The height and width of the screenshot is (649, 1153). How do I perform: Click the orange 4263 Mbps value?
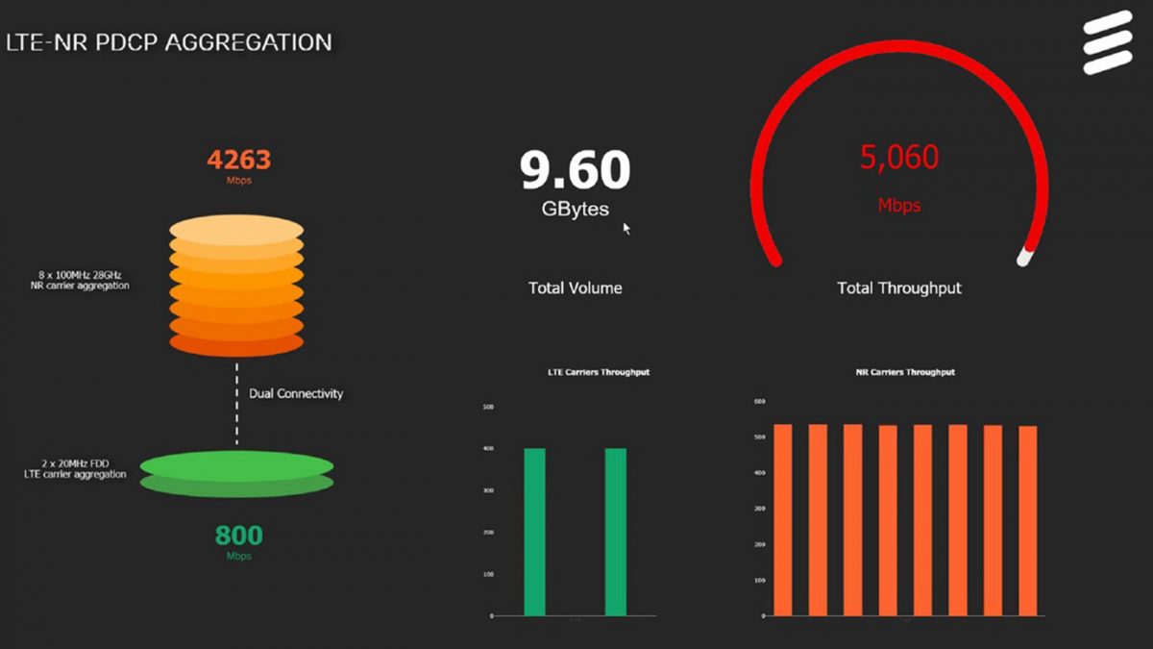point(239,160)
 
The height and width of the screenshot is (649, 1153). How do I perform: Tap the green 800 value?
point(239,535)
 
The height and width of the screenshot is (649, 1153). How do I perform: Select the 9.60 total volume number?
point(575,169)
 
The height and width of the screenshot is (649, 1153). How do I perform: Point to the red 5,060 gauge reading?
point(899,157)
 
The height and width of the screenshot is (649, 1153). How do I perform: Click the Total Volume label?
point(575,287)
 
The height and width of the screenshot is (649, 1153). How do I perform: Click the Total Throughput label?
point(899,287)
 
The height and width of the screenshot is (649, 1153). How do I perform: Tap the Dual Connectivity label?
point(296,393)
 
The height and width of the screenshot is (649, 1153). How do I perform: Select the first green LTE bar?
point(534,532)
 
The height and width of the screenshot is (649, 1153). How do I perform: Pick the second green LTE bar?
point(616,532)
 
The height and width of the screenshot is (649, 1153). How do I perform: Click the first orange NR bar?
point(782,519)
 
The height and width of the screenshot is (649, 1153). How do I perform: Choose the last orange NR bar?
point(1028,520)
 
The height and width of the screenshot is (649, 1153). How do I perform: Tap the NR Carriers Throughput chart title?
point(905,372)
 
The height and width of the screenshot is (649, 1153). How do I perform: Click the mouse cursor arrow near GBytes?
point(626,228)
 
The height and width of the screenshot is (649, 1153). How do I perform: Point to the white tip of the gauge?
point(1025,257)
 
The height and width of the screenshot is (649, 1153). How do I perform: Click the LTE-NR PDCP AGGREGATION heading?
point(169,42)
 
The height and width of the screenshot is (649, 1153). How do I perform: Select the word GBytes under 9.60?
point(575,209)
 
